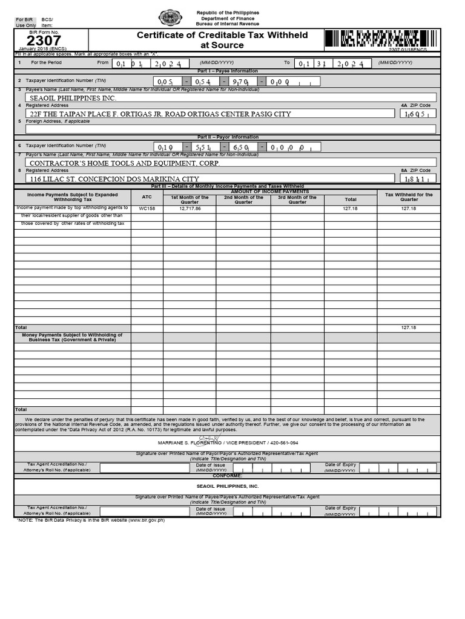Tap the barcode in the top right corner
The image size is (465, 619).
tap(372, 39)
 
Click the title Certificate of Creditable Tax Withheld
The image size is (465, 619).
tap(222, 35)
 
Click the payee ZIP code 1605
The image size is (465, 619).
tap(418, 114)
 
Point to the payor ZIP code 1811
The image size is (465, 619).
tap(418, 179)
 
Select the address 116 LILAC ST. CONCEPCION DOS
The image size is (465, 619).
tap(114, 179)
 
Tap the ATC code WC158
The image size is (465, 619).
tap(147, 209)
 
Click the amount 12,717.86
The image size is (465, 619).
tap(190, 209)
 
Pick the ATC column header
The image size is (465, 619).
tap(147, 197)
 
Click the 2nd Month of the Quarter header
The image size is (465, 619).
tap(243, 199)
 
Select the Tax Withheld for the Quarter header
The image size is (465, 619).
tap(409, 197)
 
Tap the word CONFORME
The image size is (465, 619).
tap(227, 476)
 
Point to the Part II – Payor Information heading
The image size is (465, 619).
tap(227, 137)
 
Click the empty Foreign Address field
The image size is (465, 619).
tap(230, 129)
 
